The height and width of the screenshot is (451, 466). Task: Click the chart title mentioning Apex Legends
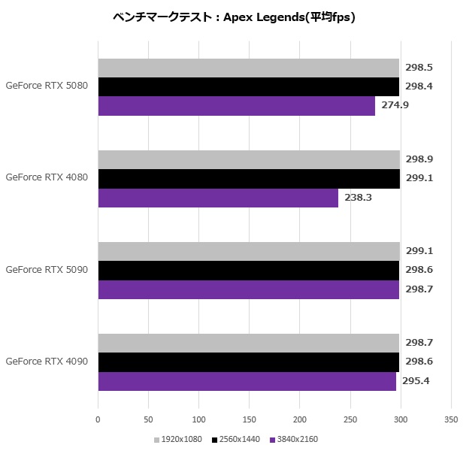click(x=233, y=17)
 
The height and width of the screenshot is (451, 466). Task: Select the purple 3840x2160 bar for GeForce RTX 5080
click(x=236, y=106)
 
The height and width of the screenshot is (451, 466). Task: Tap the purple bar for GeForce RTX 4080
click(x=218, y=198)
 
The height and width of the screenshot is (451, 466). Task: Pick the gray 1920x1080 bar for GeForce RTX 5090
click(x=248, y=251)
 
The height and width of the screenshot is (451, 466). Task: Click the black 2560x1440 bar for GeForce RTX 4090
click(x=248, y=362)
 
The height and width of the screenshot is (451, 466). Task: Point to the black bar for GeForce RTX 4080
click(x=248, y=178)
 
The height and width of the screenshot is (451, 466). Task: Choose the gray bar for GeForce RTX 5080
click(x=248, y=68)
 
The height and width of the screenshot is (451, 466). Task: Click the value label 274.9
click(x=395, y=105)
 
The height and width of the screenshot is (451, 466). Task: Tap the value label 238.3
click(x=358, y=198)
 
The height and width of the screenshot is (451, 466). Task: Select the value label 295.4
click(x=416, y=381)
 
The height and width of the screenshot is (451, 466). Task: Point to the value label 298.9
click(x=419, y=159)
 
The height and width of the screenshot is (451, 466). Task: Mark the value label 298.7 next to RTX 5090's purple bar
click(x=419, y=289)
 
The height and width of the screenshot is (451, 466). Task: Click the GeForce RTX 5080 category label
click(x=47, y=86)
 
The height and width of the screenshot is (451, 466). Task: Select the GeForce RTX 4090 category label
click(x=47, y=362)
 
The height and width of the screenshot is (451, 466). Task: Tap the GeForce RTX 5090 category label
click(x=47, y=269)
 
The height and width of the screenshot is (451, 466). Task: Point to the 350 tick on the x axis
click(x=451, y=419)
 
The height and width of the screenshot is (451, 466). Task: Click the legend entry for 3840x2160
click(x=292, y=439)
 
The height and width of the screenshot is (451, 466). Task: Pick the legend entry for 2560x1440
click(x=236, y=439)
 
